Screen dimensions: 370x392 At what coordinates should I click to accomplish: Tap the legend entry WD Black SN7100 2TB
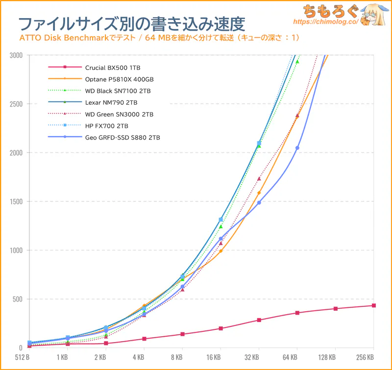pyautogui.click(x=118, y=91)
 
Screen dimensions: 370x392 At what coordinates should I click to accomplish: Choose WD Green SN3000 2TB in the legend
pyautogui.click(x=119, y=114)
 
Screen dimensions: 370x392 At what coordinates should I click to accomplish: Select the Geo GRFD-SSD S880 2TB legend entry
pyautogui.click(x=122, y=138)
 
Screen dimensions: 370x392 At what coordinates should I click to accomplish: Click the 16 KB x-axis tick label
pyautogui.click(x=220, y=357)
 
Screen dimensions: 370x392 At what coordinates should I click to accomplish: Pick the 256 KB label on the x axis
pyautogui.click(x=364, y=357)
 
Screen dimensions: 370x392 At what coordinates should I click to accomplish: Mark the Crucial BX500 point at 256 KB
pyautogui.click(x=373, y=305)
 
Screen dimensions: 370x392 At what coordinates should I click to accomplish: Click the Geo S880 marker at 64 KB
pyautogui.click(x=297, y=148)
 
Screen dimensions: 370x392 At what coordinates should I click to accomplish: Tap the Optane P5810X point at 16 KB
pyautogui.click(x=221, y=251)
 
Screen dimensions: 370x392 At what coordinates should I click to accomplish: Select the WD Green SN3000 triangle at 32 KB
pyautogui.click(x=259, y=179)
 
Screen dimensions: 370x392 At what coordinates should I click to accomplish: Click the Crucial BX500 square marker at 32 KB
pyautogui.click(x=259, y=320)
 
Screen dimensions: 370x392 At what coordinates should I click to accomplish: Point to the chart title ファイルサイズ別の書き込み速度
pyautogui.click(x=131, y=23)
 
